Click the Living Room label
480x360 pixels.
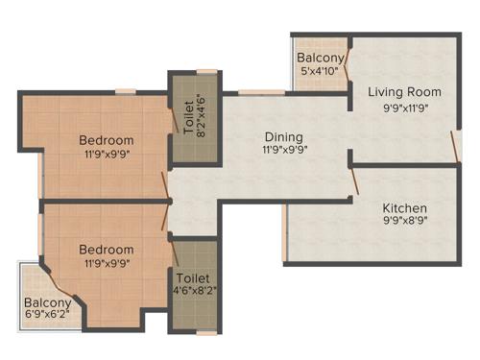tap(405, 92)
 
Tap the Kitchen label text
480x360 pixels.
tap(405, 208)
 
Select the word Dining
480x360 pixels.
tap(283, 136)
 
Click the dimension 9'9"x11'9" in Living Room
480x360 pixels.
tap(405, 108)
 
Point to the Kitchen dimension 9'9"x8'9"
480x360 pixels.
tap(405, 224)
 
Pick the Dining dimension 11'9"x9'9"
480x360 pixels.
tap(283, 151)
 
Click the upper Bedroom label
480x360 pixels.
tap(107, 140)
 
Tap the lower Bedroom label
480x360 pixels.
tap(107, 247)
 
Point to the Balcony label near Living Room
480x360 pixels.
tap(320, 57)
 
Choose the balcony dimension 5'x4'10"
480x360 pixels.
tap(320, 70)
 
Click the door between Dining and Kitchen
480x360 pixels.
tap(354, 182)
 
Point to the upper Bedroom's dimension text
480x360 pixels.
tap(107, 156)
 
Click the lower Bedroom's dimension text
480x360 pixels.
tap(107, 262)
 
